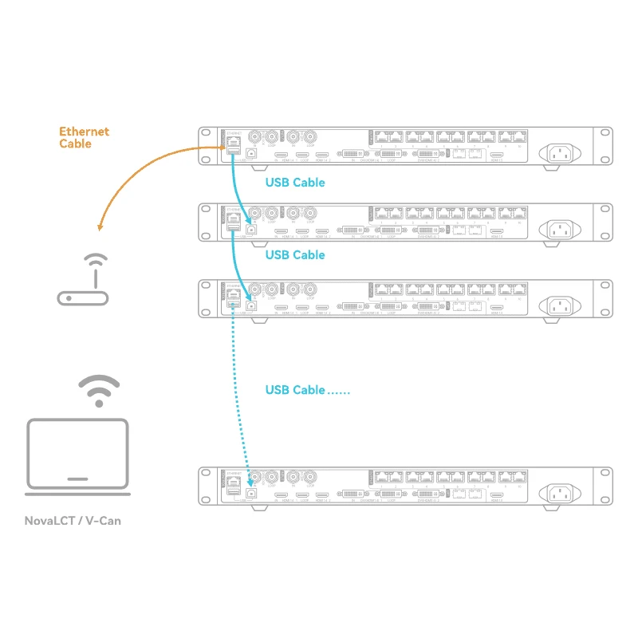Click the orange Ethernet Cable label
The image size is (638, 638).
[84, 137]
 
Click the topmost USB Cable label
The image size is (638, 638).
[295, 183]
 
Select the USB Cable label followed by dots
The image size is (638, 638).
[307, 390]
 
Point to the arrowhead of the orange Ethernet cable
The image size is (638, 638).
[100, 228]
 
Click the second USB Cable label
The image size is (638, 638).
[295, 255]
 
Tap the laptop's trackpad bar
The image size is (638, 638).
[77, 479]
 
